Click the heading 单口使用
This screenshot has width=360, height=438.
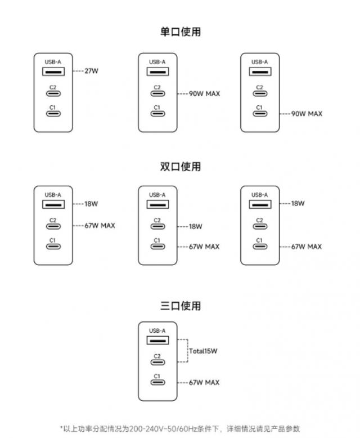[180, 32]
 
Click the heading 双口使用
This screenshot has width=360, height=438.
[180, 167]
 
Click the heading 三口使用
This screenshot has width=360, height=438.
[180, 306]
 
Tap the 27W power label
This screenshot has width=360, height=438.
[92, 72]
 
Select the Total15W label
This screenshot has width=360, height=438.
[203, 351]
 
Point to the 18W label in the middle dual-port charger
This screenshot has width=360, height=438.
[195, 226]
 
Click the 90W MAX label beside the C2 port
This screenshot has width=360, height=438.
[204, 93]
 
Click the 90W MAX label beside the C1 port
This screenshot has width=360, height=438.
[307, 114]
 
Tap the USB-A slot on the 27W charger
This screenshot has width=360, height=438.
[53, 72]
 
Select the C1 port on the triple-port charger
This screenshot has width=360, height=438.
[157, 383]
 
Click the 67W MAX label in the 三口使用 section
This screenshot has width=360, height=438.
[204, 383]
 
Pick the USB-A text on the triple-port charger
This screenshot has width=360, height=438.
[157, 330]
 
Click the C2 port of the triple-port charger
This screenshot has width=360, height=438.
[157, 362]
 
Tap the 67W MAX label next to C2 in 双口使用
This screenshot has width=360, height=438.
[101, 226]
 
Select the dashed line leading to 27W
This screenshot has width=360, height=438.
[78, 72]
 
